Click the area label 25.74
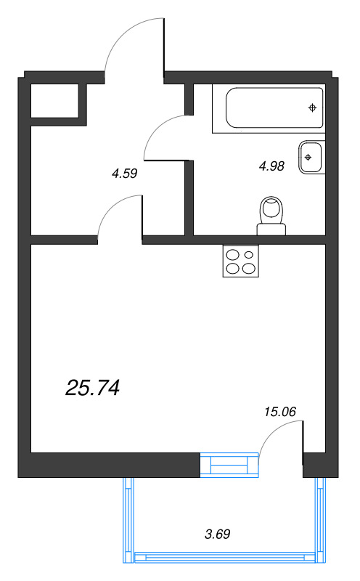point(92,389)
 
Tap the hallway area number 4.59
point(124,174)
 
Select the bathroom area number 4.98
point(271,166)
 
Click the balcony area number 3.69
point(218,535)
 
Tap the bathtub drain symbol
point(312,108)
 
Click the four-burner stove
point(241,261)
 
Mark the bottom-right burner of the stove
point(249,268)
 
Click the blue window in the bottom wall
point(229,464)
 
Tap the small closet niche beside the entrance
point(54,100)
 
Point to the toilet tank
point(271,229)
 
